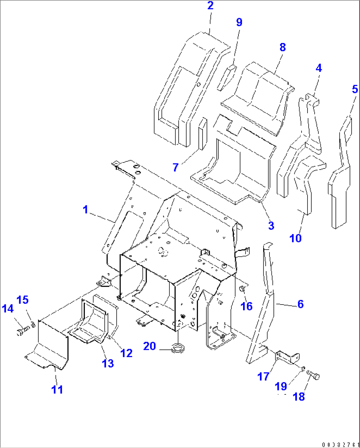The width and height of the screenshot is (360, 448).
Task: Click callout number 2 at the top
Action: (210, 6)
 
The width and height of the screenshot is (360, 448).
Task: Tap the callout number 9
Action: (239, 22)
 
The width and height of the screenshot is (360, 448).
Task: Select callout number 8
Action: (282, 47)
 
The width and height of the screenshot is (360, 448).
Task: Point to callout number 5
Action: (355, 89)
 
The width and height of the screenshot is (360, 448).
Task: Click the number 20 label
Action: (149, 346)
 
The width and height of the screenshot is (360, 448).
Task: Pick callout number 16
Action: (246, 306)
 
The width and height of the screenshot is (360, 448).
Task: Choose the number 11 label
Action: (57, 389)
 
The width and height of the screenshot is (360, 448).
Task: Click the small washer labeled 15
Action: (33, 323)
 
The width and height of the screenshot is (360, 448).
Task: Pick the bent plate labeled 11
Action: (53, 344)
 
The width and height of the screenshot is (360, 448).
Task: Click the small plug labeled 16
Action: (242, 289)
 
